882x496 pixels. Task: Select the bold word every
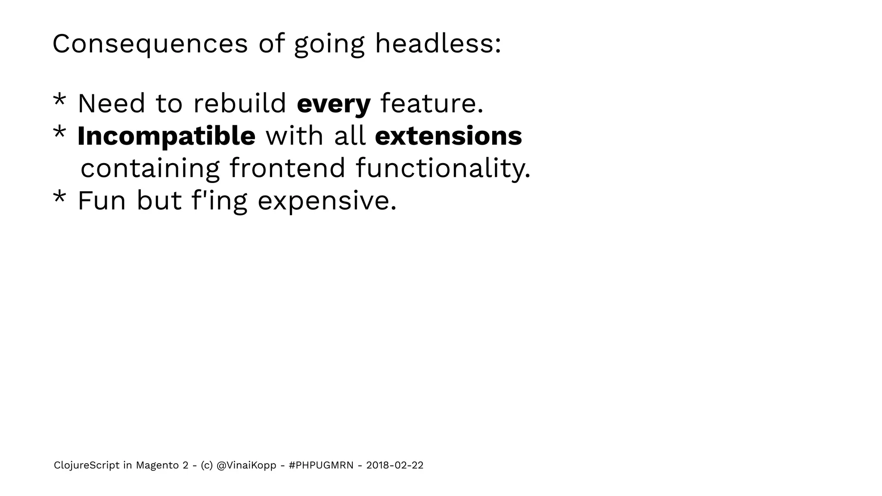coord(333,104)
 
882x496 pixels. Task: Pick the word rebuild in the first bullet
coord(239,104)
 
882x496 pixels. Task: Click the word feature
coord(432,104)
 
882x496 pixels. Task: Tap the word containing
coord(150,168)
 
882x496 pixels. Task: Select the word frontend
coord(287,168)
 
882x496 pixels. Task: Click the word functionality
coord(443,168)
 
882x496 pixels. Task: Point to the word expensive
coord(327,201)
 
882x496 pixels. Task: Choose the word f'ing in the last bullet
coord(219,201)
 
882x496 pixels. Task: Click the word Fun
coord(102,201)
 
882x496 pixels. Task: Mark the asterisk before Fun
coord(59,198)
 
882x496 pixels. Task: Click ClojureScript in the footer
coord(87,465)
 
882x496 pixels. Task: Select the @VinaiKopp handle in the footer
coord(246,465)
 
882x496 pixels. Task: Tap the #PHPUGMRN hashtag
coord(321,465)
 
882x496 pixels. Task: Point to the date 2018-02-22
coord(394,465)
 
